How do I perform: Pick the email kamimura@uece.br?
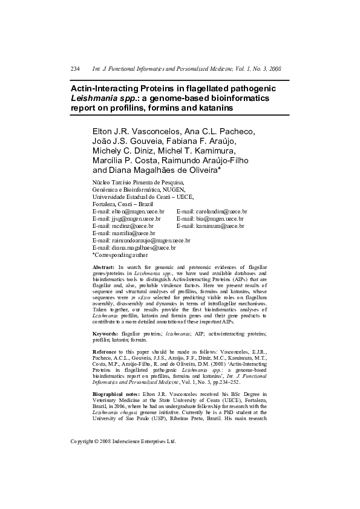click(x=219, y=225)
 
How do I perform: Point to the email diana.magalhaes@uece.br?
click(x=143, y=247)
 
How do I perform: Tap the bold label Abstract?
click(x=103, y=267)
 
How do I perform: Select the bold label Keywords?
click(x=105, y=333)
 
